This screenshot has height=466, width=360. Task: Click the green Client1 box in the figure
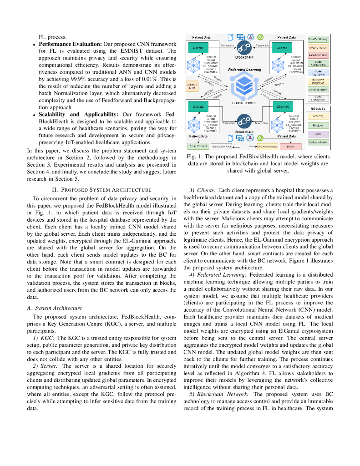point(198,48)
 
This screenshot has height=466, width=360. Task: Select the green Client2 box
point(281,48)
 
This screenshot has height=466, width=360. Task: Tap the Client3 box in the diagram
point(198,106)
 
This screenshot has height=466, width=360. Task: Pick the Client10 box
point(281,106)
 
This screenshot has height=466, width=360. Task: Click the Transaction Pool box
point(222,147)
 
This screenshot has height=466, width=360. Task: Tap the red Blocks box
point(291,147)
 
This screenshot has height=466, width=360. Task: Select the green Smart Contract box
point(198,147)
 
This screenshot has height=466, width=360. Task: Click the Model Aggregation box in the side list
point(319,73)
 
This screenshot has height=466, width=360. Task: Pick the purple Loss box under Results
point(319,134)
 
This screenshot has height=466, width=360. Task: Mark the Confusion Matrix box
point(319,142)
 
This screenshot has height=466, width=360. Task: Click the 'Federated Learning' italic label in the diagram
point(245,70)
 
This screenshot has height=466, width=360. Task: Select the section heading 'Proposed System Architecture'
point(102,189)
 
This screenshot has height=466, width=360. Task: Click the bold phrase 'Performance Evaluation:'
point(70,44)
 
